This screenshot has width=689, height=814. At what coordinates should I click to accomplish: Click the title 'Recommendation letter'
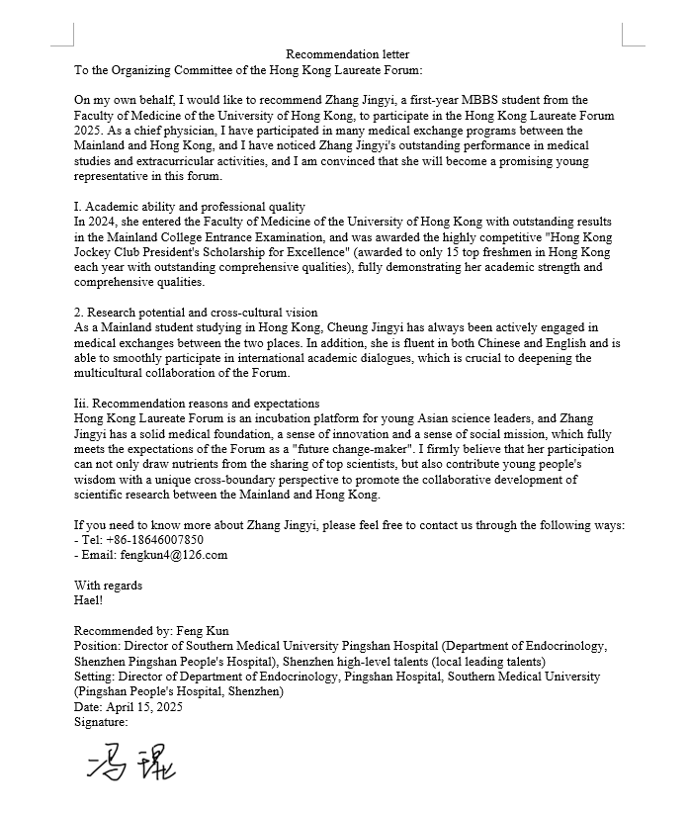click(347, 54)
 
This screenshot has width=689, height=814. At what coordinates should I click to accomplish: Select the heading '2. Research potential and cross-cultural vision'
click(196, 313)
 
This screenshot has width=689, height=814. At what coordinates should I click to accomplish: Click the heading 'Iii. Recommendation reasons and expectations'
click(197, 404)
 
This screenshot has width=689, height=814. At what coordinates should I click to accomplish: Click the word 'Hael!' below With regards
click(89, 600)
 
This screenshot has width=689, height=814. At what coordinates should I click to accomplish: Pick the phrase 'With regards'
click(108, 586)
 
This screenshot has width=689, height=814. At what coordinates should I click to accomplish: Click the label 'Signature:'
click(101, 722)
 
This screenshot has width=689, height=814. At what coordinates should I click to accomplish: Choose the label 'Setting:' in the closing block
click(95, 677)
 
